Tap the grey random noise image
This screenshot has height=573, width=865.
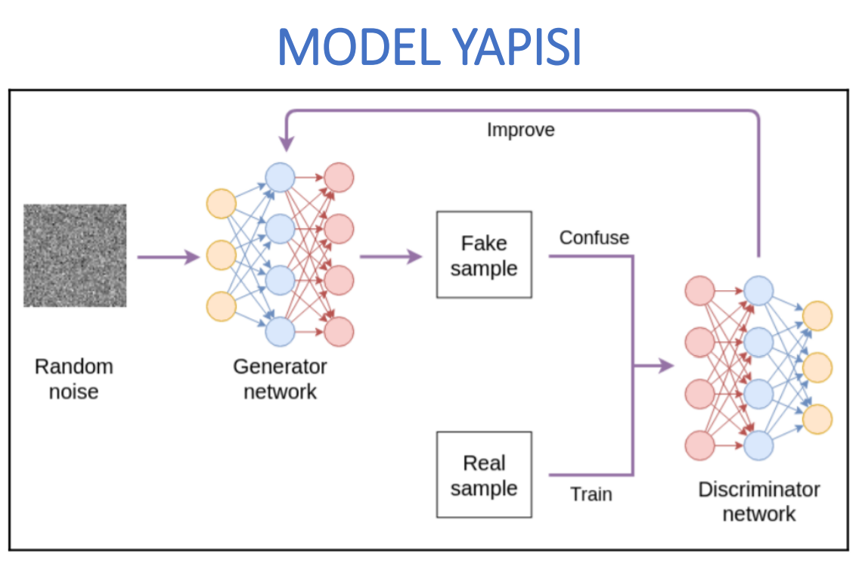[75, 256]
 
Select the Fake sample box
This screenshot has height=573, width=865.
[484, 255]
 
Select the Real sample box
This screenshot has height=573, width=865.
[484, 475]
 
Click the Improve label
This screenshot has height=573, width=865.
[520, 129]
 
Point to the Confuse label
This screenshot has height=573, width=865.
[594, 237]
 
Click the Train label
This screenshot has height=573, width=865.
[591, 494]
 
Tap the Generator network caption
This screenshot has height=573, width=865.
[280, 379]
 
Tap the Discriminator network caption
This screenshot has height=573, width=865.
[758, 501]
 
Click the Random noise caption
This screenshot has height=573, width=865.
[74, 379]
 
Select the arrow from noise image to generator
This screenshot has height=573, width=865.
[167, 257]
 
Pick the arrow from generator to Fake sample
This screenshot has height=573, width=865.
[390, 257]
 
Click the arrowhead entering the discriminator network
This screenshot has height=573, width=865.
[665, 367]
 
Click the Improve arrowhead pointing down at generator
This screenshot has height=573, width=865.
[286, 143]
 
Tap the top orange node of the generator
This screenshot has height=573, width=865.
[221, 205]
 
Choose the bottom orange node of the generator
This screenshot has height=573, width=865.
[221, 306]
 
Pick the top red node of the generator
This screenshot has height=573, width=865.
[339, 178]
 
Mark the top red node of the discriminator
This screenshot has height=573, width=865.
[699, 291]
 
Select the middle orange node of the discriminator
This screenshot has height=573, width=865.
[817, 367]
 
